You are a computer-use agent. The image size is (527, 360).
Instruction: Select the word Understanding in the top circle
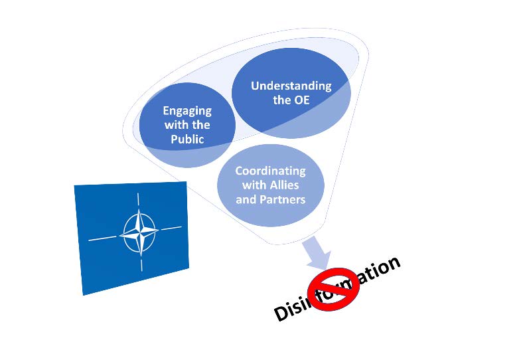(291, 86)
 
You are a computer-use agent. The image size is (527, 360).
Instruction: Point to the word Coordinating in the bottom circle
(270, 171)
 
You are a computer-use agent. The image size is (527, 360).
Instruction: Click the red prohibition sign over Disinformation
(336, 289)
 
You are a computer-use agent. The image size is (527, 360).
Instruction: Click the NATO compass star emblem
(139, 233)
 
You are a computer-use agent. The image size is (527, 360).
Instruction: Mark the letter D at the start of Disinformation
(282, 312)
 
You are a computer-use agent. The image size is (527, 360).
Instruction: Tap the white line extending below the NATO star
(140, 263)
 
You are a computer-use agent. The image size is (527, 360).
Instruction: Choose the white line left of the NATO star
(105, 237)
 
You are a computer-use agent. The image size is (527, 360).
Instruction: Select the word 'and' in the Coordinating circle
(246, 199)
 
